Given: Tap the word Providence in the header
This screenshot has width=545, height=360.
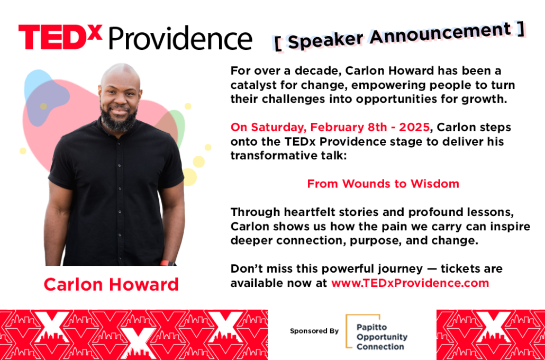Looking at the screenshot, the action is coord(180,38).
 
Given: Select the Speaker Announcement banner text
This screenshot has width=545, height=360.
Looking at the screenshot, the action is coord(399,35).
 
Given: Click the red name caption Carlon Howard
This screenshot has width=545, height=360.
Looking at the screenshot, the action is coord(111,284).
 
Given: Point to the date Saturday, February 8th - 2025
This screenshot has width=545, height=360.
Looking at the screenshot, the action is coord(330,127).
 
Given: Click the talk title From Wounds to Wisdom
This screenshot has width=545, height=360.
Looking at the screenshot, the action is coord(383,183).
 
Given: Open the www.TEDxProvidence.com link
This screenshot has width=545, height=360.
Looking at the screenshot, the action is coord(410,283).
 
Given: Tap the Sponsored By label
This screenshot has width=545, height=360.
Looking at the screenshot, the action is coord(314,331).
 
